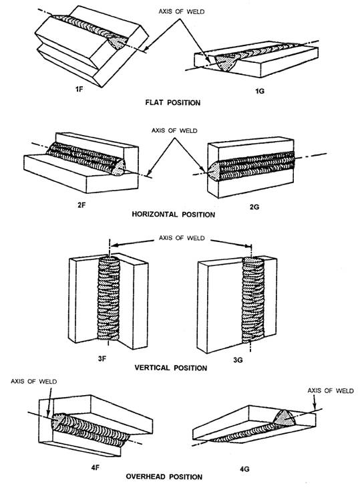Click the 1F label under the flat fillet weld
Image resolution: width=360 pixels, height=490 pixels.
click(x=79, y=89)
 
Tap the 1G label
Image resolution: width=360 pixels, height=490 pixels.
click(x=260, y=91)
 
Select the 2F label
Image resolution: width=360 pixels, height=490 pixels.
click(x=81, y=205)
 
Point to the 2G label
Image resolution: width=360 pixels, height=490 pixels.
click(x=254, y=207)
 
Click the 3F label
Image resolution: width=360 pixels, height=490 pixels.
click(x=102, y=359)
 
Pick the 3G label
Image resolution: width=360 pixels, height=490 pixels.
click(x=238, y=360)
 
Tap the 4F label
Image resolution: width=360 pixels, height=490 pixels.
click(x=96, y=467)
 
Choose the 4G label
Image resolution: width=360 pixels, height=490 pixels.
click(x=245, y=469)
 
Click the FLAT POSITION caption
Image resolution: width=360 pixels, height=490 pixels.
click(x=173, y=102)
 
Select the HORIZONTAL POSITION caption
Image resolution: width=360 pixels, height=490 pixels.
click(x=173, y=215)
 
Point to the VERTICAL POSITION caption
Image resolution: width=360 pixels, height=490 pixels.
click(x=171, y=368)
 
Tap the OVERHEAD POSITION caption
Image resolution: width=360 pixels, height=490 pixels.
click(x=164, y=477)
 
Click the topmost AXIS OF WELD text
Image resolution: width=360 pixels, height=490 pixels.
click(x=182, y=11)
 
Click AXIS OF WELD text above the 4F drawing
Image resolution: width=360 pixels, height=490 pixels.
click(x=33, y=382)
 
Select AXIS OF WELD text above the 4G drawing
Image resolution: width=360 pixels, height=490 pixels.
click(x=331, y=390)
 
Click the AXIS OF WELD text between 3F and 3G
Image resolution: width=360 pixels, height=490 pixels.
click(x=182, y=238)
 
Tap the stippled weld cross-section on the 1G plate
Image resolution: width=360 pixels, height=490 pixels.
click(x=226, y=62)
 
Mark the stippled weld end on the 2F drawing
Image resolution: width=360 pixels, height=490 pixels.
click(x=119, y=168)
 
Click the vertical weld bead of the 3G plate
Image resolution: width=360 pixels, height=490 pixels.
click(x=253, y=299)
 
